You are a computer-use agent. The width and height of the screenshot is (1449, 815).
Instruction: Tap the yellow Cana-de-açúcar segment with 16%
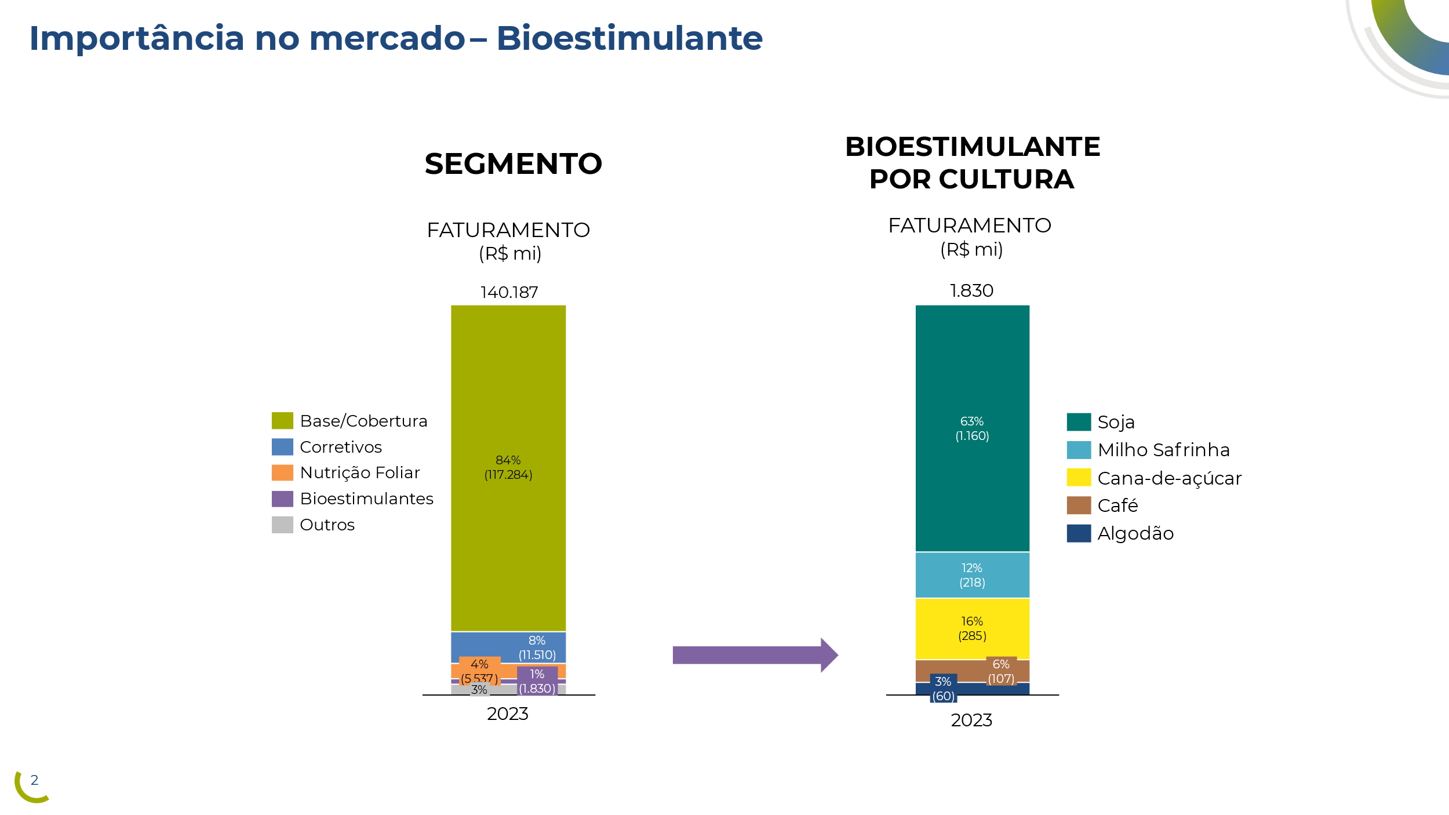[972, 629]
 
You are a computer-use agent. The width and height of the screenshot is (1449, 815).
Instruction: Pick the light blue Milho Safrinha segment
[972, 575]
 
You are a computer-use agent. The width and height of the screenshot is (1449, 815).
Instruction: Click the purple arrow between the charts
[753, 655]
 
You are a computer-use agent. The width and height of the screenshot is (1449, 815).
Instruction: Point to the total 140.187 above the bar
[509, 293]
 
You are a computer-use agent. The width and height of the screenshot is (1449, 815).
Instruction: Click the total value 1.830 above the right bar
[971, 291]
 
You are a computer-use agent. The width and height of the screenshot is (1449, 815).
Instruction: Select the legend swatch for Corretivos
[282, 447]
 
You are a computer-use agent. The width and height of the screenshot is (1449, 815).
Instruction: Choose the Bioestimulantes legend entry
[366, 499]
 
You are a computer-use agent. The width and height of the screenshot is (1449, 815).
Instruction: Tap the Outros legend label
[327, 525]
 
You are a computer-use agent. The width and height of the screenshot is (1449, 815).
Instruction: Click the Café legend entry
[1117, 506]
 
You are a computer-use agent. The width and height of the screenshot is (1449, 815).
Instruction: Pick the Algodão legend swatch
[1079, 533]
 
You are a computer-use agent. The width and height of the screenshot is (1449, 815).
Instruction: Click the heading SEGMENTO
[513, 164]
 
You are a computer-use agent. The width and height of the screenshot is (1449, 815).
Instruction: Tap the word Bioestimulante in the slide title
[629, 39]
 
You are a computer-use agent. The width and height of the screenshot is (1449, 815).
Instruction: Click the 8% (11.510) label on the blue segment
[537, 648]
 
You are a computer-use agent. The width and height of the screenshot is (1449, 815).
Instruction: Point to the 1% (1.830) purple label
[537, 682]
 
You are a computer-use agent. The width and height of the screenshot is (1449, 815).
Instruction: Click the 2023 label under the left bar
[507, 714]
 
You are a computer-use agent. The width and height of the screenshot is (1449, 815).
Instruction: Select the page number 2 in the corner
[34, 780]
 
